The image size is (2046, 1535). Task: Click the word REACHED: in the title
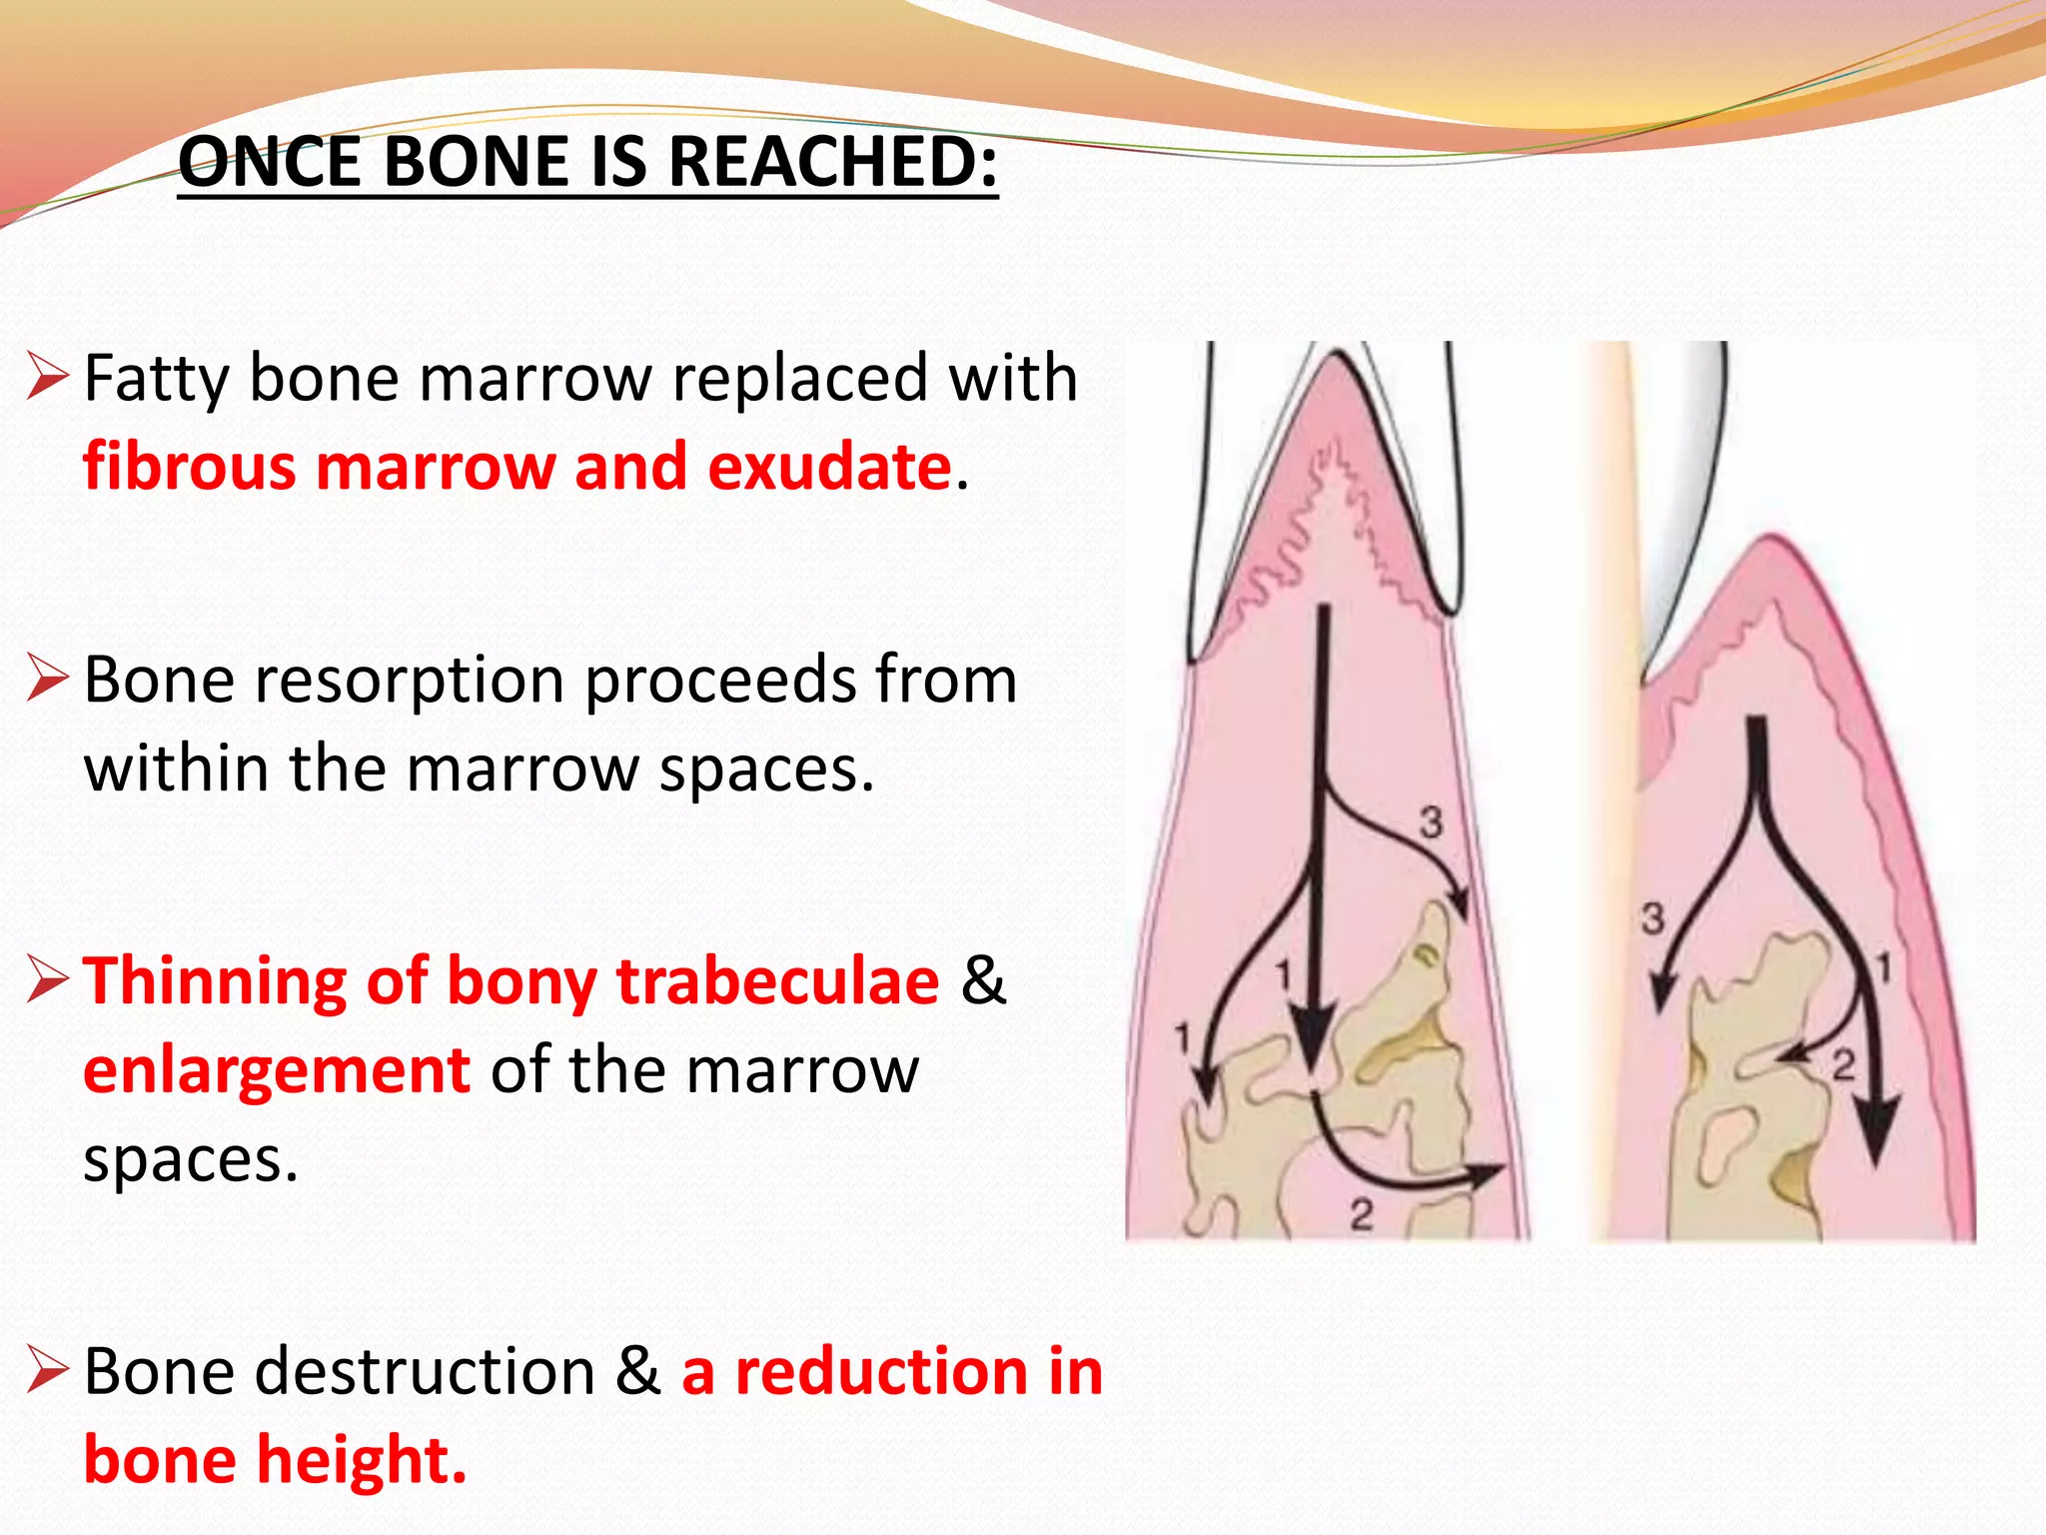(832, 162)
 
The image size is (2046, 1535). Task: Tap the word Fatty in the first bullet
(156, 380)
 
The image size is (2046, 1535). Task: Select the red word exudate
(829, 468)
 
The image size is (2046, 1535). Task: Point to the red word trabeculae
(777, 981)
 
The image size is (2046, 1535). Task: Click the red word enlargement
(277, 1071)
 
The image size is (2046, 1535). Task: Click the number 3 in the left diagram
(1432, 822)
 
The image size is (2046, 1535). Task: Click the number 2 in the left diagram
(1362, 1215)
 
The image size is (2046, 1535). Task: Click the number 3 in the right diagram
(1653, 917)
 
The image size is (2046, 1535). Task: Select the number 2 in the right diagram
(1843, 1065)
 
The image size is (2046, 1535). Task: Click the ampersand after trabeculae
(983, 981)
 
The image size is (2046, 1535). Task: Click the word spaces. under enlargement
(191, 1161)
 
